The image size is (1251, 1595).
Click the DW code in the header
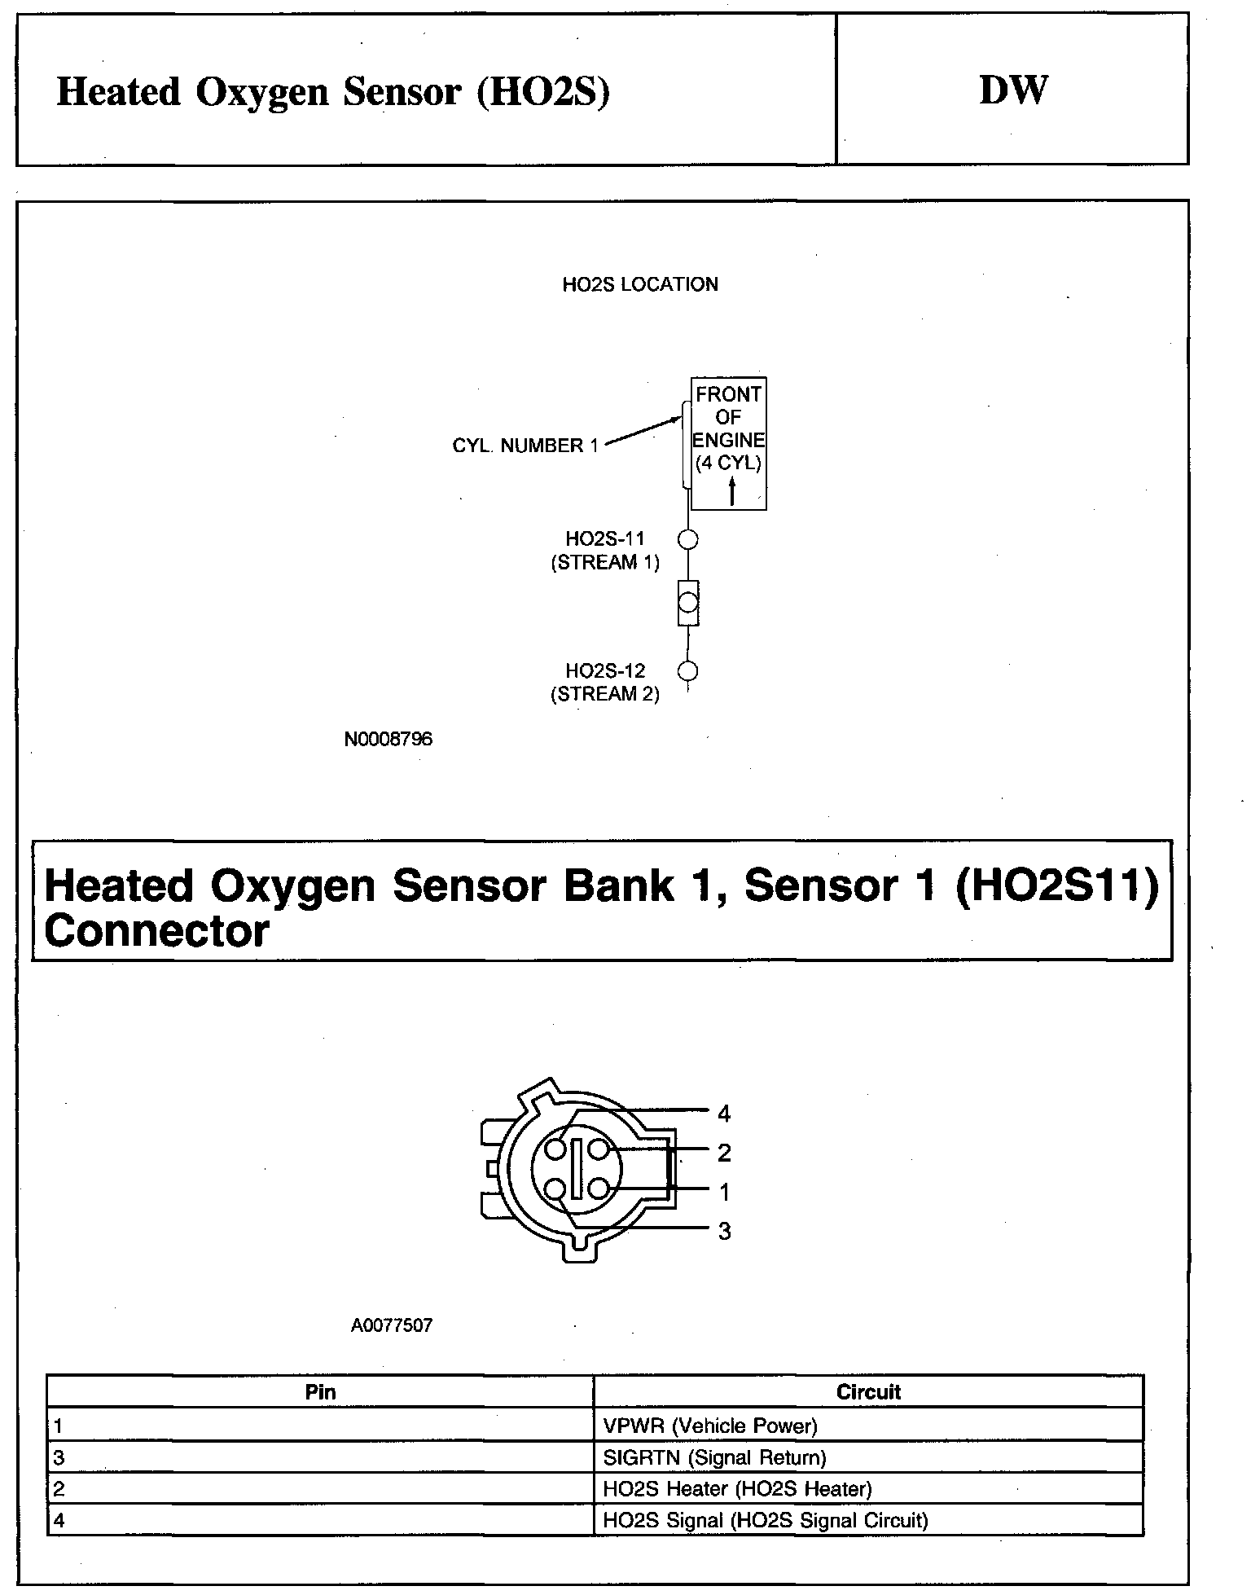click(1012, 90)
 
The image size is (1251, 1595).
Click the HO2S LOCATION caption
click(640, 285)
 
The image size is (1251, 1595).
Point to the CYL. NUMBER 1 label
click(525, 446)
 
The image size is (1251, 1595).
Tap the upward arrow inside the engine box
click(732, 491)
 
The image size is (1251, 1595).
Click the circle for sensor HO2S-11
click(688, 539)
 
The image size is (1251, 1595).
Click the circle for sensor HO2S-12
click(688, 671)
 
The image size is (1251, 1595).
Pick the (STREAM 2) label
click(605, 694)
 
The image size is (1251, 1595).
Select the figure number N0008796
click(388, 739)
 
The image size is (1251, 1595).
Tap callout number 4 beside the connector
click(724, 1114)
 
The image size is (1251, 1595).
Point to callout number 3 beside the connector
click(724, 1232)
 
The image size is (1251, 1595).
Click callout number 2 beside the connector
click(724, 1153)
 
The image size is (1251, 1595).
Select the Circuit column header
click(868, 1392)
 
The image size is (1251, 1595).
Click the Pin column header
click(320, 1392)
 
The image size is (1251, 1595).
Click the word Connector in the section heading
click(156, 931)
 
